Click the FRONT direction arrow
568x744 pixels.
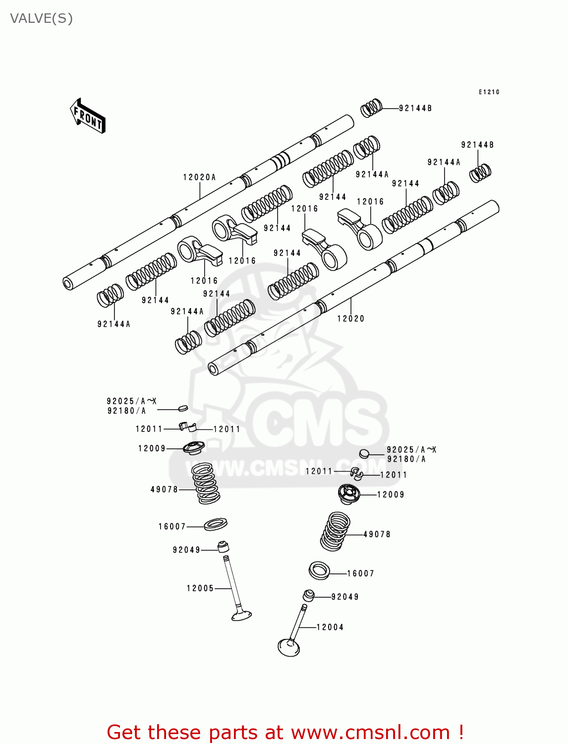[88, 116]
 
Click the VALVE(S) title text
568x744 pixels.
[41, 19]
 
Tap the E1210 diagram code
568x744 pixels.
[489, 92]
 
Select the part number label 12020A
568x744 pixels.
[199, 178]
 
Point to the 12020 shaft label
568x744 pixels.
[350, 319]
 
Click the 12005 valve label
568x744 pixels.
[200, 589]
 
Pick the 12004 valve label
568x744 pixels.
[330, 627]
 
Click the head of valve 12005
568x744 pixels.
[241, 616]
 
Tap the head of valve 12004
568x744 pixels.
[289, 647]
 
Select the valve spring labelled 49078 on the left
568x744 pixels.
[206, 483]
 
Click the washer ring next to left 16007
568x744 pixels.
[216, 523]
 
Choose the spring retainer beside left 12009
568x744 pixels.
[194, 447]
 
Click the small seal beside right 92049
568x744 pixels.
[308, 595]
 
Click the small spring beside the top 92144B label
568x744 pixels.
[371, 108]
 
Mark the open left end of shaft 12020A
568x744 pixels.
[68, 283]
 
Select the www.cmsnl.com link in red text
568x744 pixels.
[370, 733]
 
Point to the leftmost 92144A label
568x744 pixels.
[114, 324]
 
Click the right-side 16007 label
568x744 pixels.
[360, 574]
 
